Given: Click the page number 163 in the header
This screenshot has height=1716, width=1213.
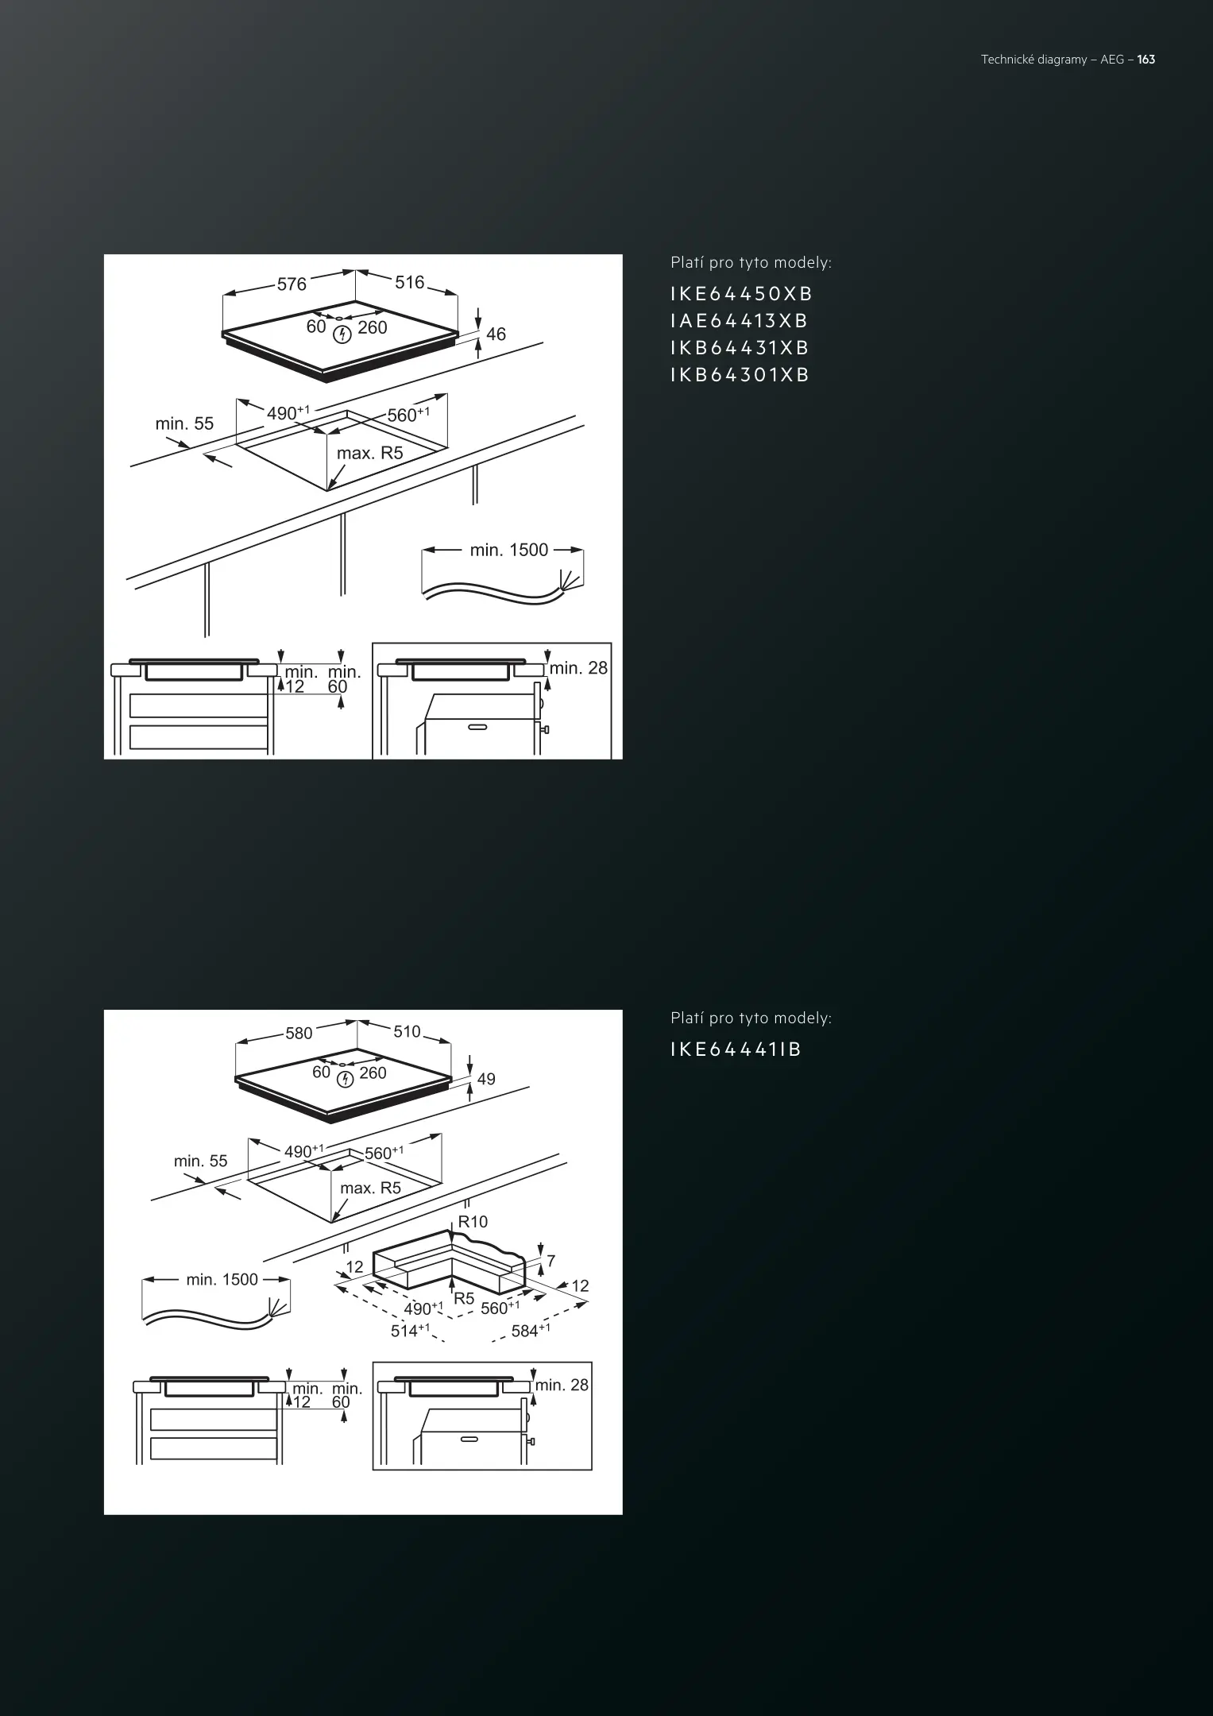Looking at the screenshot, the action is click(x=1145, y=60).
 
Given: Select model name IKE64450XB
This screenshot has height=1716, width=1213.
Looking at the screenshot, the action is click(x=742, y=294).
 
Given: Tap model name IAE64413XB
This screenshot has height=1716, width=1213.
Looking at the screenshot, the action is click(x=740, y=321).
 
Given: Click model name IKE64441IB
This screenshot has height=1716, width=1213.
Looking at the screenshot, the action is click(x=736, y=1049).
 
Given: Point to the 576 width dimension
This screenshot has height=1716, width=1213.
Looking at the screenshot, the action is click(x=292, y=284).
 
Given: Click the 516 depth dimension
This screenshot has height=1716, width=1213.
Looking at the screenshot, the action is click(x=410, y=282).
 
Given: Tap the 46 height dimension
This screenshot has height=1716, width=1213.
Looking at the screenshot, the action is click(x=496, y=334).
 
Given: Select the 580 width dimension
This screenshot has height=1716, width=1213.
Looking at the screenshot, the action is click(x=299, y=1034).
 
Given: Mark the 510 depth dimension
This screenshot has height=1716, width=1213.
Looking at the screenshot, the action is click(x=407, y=1031).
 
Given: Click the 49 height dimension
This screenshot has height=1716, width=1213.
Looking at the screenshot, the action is click(x=486, y=1079).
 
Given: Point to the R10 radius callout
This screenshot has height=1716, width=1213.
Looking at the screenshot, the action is click(x=473, y=1221).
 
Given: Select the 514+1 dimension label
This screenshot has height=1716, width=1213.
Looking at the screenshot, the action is click(x=410, y=1330).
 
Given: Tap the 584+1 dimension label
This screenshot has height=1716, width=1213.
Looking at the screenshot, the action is click(x=531, y=1330).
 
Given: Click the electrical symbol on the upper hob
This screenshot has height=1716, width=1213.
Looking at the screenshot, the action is click(x=342, y=334).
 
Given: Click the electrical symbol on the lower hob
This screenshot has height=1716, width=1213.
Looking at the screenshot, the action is click(x=345, y=1079).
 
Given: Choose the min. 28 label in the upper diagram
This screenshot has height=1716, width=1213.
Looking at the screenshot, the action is click(x=578, y=668).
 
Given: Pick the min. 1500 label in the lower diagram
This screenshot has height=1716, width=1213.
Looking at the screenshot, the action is click(x=222, y=1279).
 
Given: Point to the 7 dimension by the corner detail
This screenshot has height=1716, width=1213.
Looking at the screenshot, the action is click(x=551, y=1261).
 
